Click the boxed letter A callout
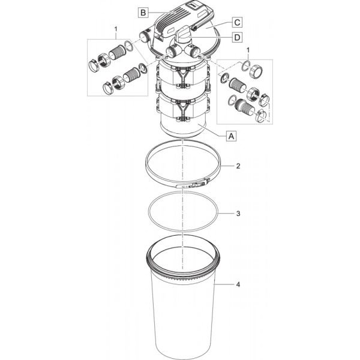coord(231,136)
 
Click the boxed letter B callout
coord(143,13)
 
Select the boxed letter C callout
coord(237,23)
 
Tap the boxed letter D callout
coord(237,37)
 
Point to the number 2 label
coord(238,166)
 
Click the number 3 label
coord(238,214)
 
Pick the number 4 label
coord(238,284)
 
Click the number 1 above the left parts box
coord(116,29)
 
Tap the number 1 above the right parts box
coord(247,50)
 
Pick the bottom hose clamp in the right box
coord(261,116)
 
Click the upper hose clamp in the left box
coord(94,65)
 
